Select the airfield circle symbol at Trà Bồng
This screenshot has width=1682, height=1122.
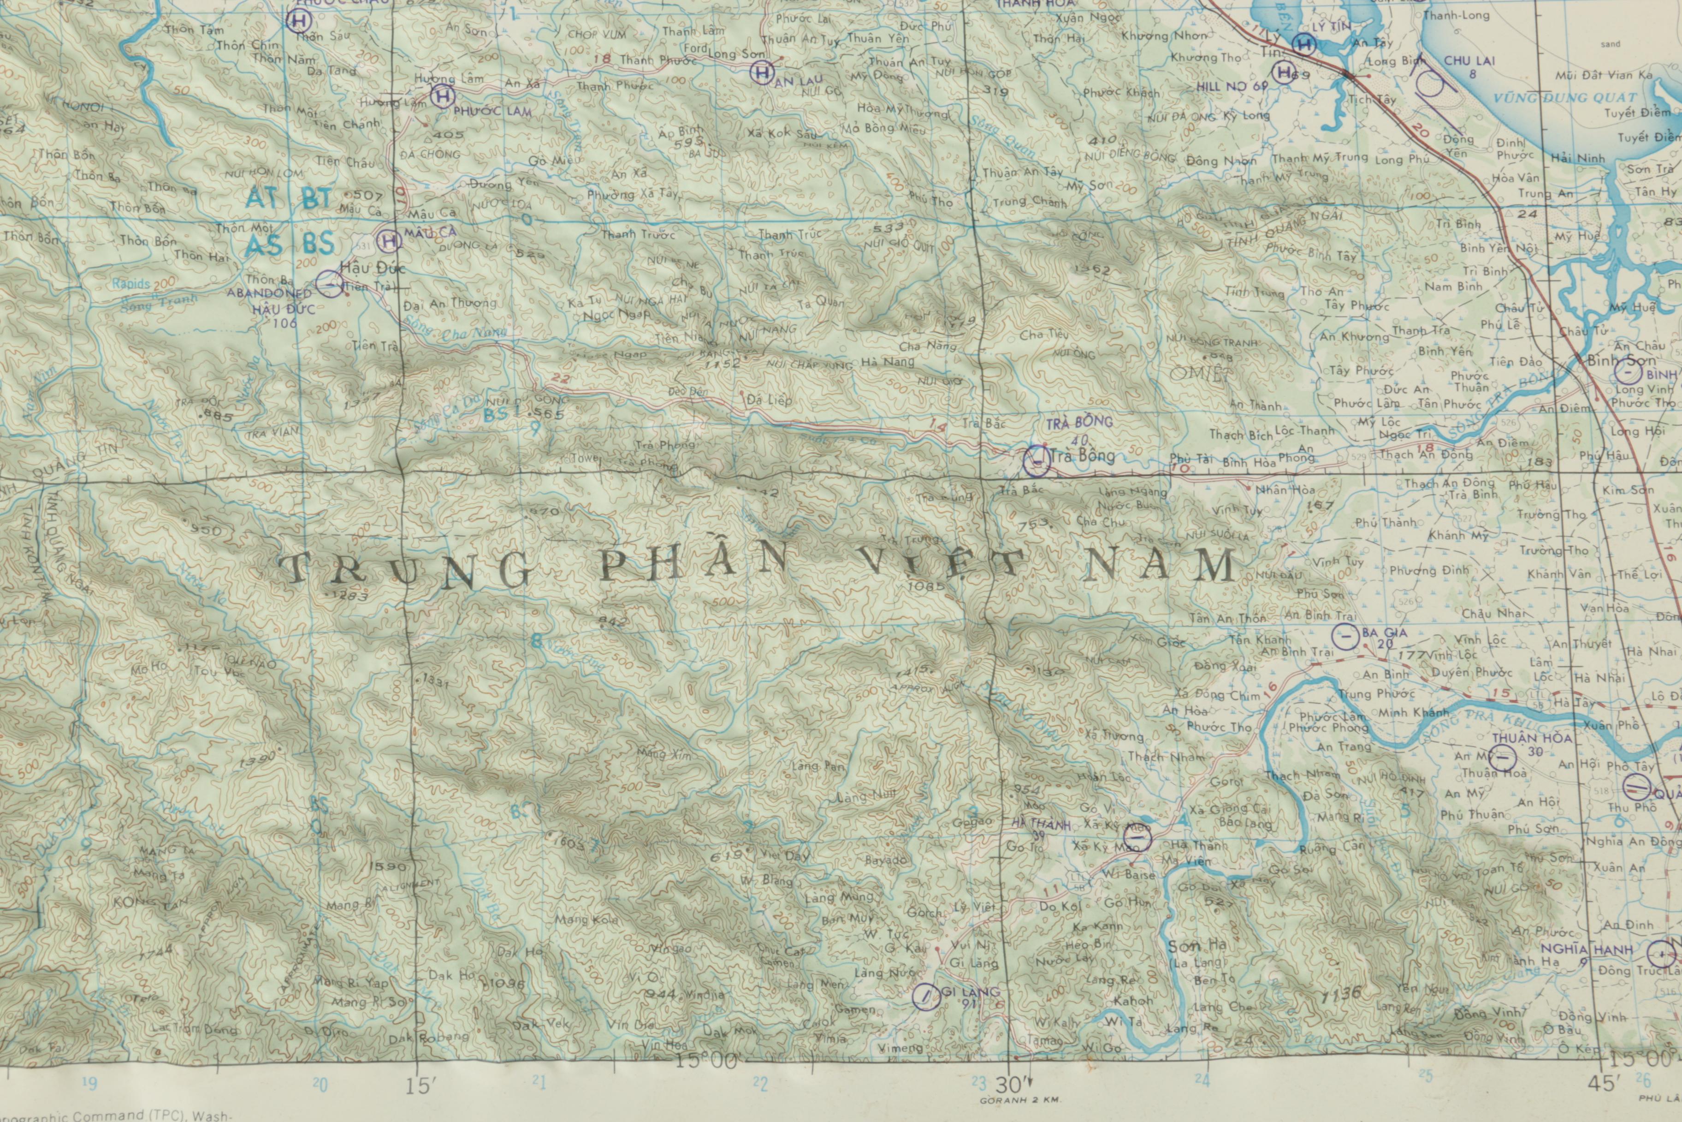click(x=1036, y=461)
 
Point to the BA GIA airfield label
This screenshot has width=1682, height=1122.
click(x=1384, y=633)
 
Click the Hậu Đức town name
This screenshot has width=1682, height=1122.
click(x=373, y=269)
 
